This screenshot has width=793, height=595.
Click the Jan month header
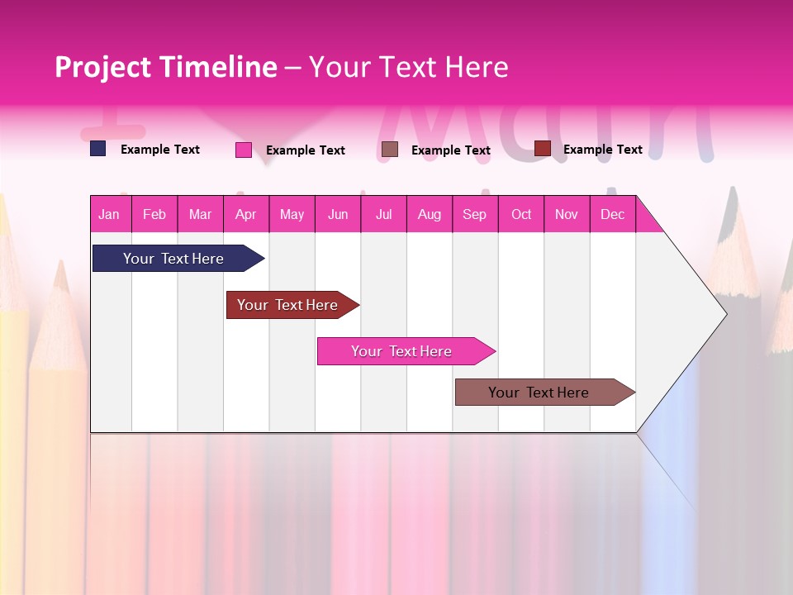pos(109,214)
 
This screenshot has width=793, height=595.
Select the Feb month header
pos(154,214)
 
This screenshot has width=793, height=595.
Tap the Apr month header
pos(245,214)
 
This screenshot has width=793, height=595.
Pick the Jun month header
pos(338,214)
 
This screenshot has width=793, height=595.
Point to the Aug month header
pos(429,214)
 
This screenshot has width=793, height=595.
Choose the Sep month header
pos(474,214)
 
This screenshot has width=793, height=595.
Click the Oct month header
pos(521,214)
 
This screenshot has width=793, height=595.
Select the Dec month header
pos(612,214)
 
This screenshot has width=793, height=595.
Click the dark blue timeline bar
pos(173,259)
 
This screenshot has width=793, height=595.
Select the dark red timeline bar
pos(287,305)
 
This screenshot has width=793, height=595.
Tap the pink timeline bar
pos(401,351)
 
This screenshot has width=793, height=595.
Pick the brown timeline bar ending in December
pos(539,393)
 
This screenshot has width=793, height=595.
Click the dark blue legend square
pos(98,149)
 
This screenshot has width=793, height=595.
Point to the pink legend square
pos(244,150)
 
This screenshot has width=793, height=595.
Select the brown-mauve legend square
pos(390,149)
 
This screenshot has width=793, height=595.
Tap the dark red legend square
pos(543,148)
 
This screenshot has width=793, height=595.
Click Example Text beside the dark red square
pos(602,149)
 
